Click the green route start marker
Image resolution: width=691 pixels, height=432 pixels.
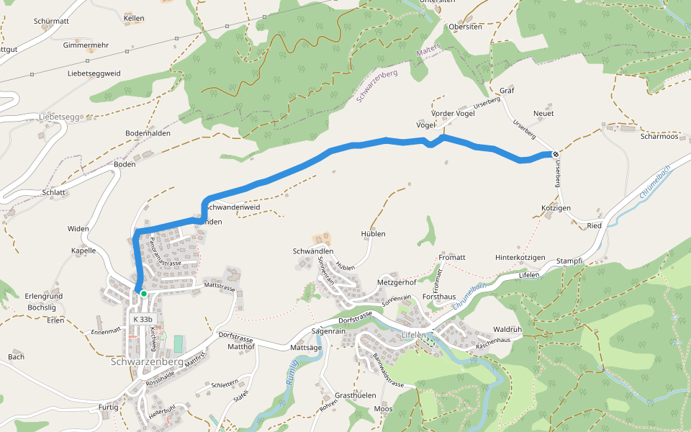pyautogui.click(x=144, y=294)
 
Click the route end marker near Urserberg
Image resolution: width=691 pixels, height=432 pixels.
pyautogui.click(x=555, y=153)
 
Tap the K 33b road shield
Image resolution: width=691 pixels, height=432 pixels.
pyautogui.click(x=143, y=319)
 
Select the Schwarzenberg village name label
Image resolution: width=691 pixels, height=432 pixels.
pyautogui.click(x=147, y=362)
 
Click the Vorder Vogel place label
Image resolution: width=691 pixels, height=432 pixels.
pyautogui.click(x=453, y=114)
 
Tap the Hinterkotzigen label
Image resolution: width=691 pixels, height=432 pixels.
pyautogui.click(x=520, y=257)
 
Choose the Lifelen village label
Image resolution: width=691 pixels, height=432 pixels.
pyautogui.click(x=415, y=336)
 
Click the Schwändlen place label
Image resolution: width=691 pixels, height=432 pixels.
pyautogui.click(x=313, y=251)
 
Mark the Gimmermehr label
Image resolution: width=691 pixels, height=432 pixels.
pyautogui.click(x=86, y=45)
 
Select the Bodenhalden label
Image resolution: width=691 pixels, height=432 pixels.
pyautogui.click(x=147, y=134)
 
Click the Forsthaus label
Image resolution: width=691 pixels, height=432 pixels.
pyautogui.click(x=439, y=296)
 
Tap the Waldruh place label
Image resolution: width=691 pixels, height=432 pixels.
pyautogui.click(x=507, y=328)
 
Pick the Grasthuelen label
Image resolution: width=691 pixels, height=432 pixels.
pyautogui.click(x=355, y=396)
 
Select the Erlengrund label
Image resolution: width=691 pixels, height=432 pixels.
pyautogui.click(x=44, y=296)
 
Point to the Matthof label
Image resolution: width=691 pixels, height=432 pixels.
pyautogui.click(x=241, y=346)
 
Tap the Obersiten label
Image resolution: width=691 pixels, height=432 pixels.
pyautogui.click(x=465, y=27)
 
